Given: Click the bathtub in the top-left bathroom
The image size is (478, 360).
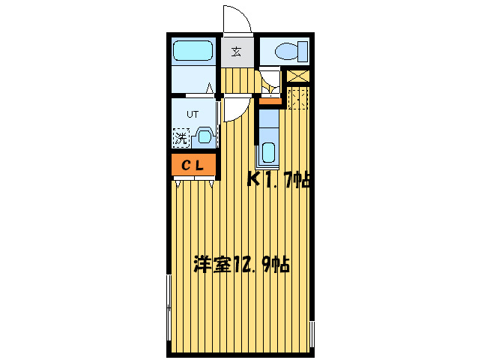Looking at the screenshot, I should pos(193,52).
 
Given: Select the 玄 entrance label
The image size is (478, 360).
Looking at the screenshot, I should pos(236,52).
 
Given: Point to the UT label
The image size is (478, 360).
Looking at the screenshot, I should pos(193,115).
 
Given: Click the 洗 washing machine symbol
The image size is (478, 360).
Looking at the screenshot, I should pos(181,137).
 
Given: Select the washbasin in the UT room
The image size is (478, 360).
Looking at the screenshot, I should pos(204,137).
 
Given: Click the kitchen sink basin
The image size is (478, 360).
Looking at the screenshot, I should pos(268,152).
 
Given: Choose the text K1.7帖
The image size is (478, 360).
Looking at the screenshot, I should pos(279,179).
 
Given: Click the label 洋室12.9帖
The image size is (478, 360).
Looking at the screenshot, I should pos(241,265).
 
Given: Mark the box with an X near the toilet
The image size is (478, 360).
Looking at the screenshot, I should pos(297,76).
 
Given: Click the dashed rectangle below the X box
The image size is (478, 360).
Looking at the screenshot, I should pos(297,97).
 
